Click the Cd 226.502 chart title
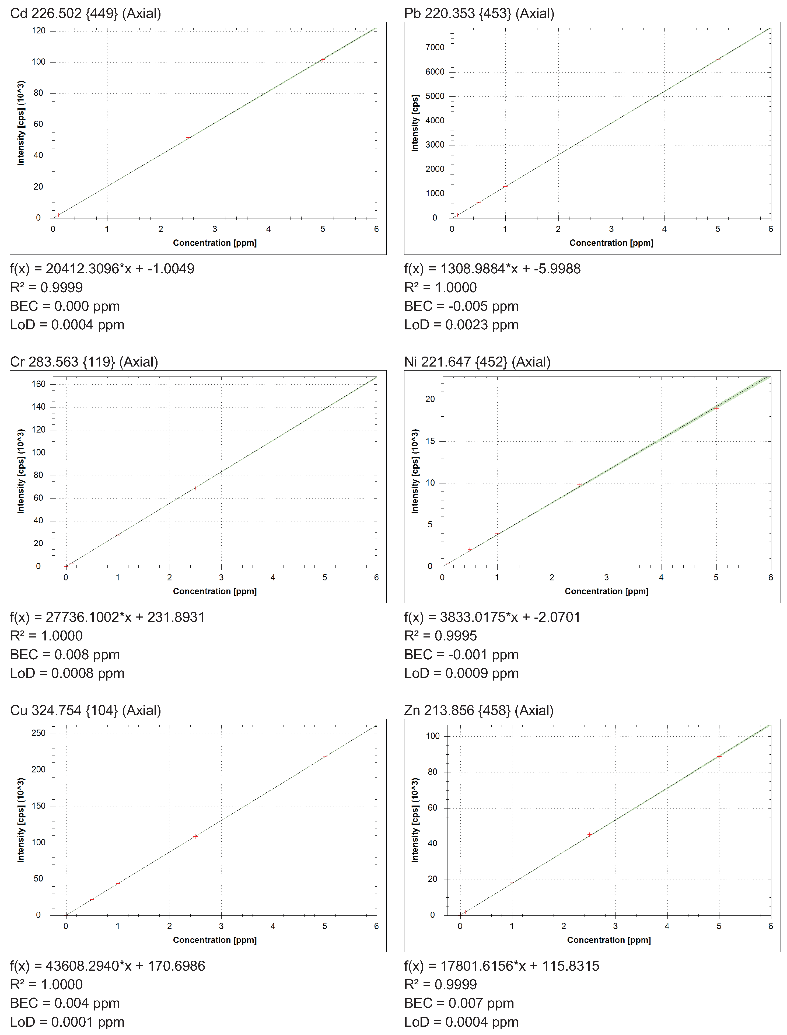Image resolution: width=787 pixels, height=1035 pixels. pos(86,13)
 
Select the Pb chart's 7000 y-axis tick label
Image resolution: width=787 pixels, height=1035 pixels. pos(435,47)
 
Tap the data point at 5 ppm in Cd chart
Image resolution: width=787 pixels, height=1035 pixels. pos(323,60)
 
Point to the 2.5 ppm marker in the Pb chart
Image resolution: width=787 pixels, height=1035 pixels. pos(585,138)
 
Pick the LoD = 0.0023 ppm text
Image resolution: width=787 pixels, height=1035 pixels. pos(461,325)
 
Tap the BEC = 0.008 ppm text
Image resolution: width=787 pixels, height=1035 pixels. pos(65,654)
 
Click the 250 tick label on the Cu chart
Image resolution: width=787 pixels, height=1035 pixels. pos(39,733)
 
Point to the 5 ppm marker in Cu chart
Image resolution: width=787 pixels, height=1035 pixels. pos(325,756)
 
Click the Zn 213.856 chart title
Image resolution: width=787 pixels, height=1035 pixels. pos(479,710)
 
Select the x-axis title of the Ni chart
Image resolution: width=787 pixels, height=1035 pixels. pos(607,591)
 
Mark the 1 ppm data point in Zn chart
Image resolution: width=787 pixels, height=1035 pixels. pos(512,883)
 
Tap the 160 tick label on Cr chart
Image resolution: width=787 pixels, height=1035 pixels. pos(39,384)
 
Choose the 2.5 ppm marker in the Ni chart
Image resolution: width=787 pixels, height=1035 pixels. pos(579,485)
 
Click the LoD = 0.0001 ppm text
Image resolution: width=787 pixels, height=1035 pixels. pos(68,1022)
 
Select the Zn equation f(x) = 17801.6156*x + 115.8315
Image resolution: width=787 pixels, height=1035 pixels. pos(502,966)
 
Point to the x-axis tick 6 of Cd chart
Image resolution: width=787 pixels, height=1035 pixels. pos(376,229)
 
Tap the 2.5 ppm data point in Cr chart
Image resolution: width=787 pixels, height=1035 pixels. pos(195,488)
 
